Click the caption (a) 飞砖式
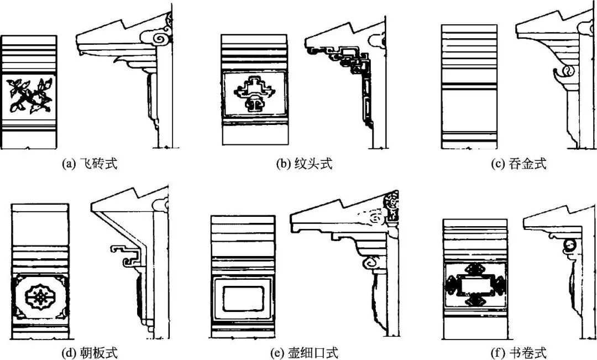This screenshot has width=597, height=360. tap(91, 164)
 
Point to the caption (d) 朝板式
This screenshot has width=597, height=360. tap(91, 352)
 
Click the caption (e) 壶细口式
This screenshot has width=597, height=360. tap(305, 352)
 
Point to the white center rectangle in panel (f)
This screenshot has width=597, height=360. tap(475, 285)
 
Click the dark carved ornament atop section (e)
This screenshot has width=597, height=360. tap(394, 208)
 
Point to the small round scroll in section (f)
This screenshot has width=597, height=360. tap(570, 244)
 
